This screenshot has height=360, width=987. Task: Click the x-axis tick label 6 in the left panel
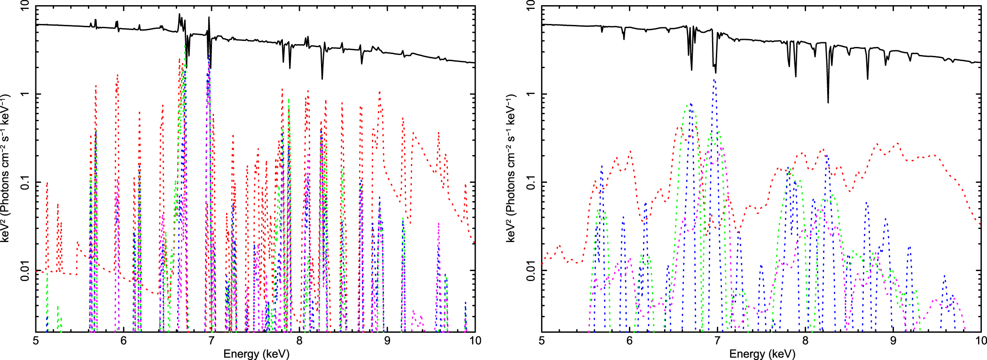124,341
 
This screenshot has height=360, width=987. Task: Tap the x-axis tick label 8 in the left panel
299,341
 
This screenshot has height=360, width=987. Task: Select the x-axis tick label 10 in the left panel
475,341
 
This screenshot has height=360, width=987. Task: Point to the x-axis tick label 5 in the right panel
542,341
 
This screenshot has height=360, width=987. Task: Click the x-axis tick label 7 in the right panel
718,341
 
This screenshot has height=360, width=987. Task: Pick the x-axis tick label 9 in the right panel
893,341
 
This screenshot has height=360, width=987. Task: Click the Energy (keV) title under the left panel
256,353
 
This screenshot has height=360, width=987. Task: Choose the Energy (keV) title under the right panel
762,353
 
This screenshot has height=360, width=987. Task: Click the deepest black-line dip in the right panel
828,102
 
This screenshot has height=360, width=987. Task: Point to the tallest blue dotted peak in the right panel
714,80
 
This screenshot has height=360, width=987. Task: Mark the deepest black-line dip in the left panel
322,78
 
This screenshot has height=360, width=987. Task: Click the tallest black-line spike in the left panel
179,15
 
